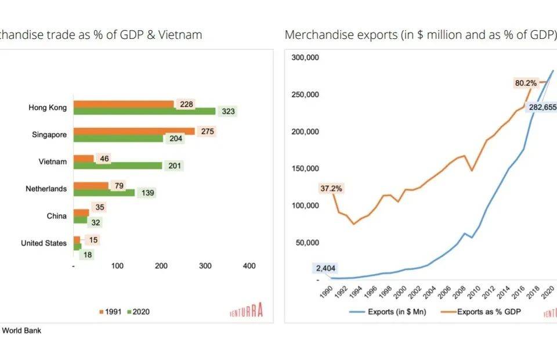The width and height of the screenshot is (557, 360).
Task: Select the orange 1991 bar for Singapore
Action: pos(134,131)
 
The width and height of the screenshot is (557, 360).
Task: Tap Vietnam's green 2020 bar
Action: pos(117,165)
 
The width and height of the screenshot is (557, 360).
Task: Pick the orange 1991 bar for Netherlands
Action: pos(91,185)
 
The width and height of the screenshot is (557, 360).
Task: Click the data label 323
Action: pos(229,111)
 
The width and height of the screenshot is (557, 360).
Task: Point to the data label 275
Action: pos(207,131)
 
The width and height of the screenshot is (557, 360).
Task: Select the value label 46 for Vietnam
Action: pos(104,159)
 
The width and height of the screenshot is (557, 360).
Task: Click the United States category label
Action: pos(44,243)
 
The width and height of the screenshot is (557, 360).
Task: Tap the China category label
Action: pos(57,216)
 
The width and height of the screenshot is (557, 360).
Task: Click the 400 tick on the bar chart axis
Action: pos(248,266)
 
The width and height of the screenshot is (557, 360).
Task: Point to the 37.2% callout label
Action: pos(331,188)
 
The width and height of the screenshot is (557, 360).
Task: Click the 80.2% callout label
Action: pos(526,83)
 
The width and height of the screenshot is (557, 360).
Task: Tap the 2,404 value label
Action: pos(325,268)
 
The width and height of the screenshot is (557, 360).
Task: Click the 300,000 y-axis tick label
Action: pos(305,58)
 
